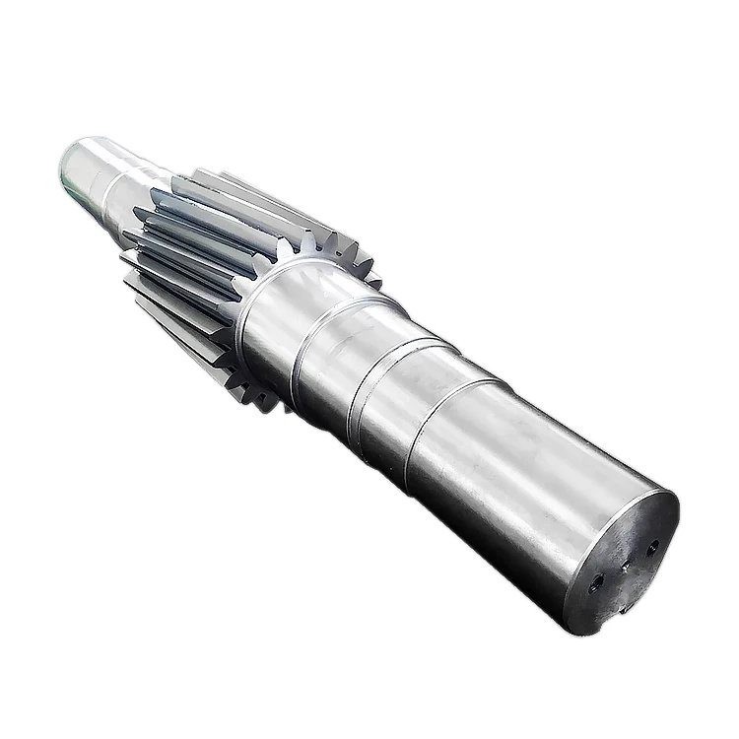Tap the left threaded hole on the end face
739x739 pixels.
pos(595,582)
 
